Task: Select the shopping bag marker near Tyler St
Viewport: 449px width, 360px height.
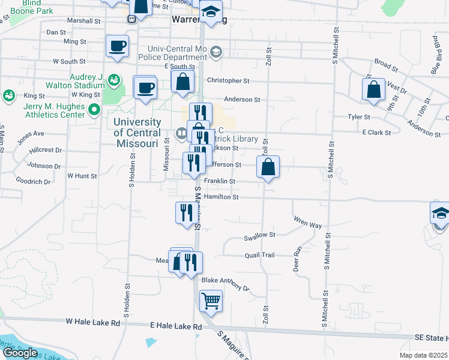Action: (x=373, y=89)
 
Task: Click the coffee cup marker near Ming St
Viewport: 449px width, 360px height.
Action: (x=117, y=46)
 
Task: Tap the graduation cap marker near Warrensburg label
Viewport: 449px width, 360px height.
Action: (x=211, y=12)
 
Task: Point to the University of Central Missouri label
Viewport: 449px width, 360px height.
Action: (x=137, y=132)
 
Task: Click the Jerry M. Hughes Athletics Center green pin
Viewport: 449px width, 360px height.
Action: (x=94, y=110)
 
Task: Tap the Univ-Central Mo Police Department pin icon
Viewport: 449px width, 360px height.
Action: (x=216, y=52)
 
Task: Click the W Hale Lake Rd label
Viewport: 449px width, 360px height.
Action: (x=93, y=322)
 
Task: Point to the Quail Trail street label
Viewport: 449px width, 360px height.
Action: (x=259, y=255)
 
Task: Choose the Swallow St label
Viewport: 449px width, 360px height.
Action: (x=259, y=236)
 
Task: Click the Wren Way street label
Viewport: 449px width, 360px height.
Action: (x=308, y=224)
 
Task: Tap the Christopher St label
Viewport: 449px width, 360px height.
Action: (x=228, y=80)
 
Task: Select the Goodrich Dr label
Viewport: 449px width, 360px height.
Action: (x=33, y=181)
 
